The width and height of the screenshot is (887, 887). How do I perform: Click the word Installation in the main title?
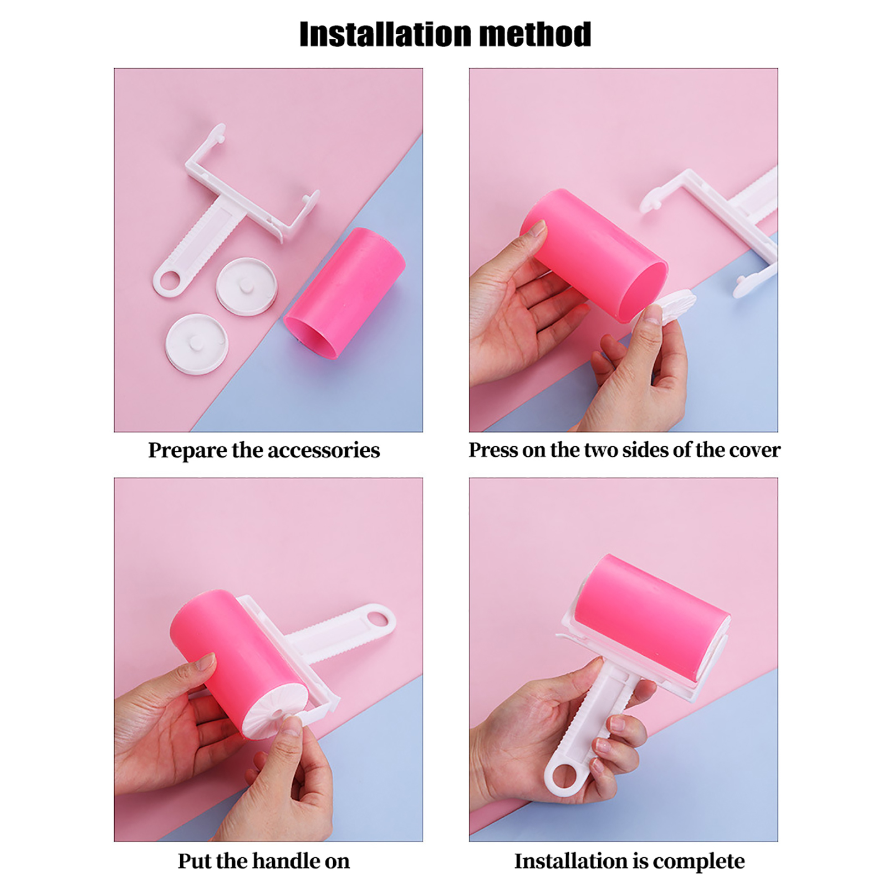385,34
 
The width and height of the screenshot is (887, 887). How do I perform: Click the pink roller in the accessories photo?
344,293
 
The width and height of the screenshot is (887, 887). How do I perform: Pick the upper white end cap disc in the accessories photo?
246,287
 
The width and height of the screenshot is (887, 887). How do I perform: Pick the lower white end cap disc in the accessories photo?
197,344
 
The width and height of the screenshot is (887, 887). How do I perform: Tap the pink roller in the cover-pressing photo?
594,254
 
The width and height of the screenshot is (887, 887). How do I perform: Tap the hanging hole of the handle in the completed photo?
564,777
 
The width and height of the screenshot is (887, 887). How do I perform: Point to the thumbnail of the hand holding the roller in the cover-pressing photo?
538,228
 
